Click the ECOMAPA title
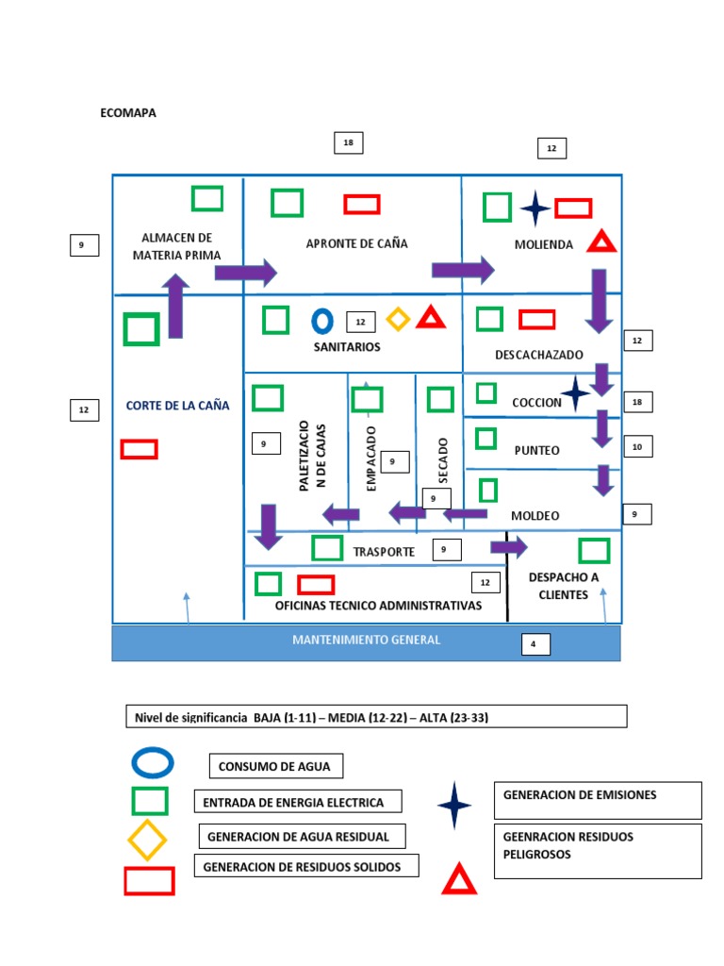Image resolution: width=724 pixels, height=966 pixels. click(x=128, y=113)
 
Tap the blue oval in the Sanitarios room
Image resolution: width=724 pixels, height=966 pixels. click(x=322, y=321)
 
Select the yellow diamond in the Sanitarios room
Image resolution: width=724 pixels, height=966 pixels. click(x=399, y=320)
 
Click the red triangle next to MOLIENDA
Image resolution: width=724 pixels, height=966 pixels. click(x=601, y=242)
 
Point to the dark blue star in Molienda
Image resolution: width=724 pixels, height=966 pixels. click(x=535, y=208)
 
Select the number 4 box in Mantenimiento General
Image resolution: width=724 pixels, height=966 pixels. click(x=535, y=645)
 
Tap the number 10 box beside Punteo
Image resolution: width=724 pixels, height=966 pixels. click(x=637, y=446)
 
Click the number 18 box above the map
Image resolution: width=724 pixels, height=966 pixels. click(x=348, y=142)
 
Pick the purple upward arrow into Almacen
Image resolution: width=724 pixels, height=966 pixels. click(x=175, y=306)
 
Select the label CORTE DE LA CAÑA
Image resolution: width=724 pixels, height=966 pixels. click(x=177, y=406)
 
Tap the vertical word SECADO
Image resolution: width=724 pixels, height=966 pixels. click(x=443, y=460)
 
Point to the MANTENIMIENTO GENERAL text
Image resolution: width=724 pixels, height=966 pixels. click(x=366, y=640)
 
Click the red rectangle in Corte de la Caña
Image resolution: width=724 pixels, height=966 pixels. click(x=139, y=449)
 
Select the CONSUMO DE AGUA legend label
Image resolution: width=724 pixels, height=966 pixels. click(x=274, y=766)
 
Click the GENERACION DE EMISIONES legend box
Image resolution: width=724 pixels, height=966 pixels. click(x=598, y=800)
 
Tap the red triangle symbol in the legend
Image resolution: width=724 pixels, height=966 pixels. click(x=459, y=879)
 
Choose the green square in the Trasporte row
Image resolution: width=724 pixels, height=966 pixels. click(x=327, y=548)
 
